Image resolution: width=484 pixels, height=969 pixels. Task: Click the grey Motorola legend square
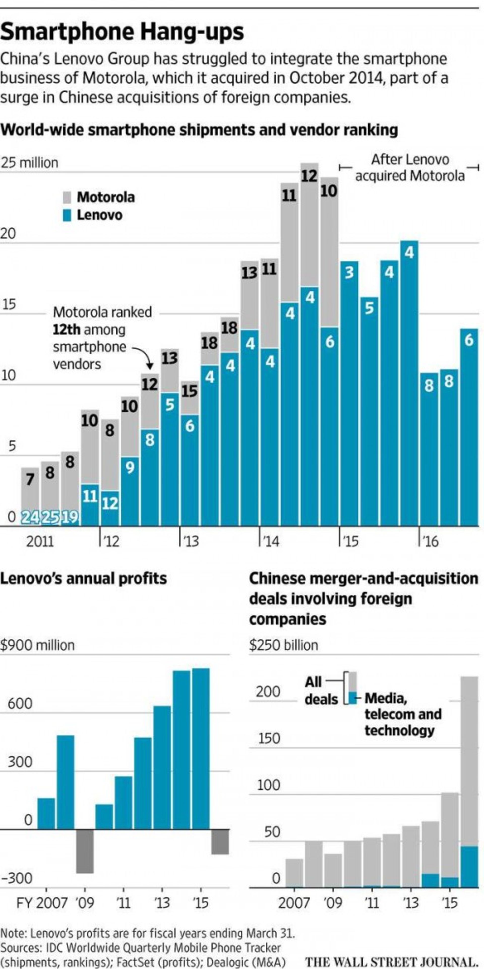click(x=67, y=197)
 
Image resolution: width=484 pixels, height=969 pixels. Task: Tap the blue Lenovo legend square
click(x=67, y=215)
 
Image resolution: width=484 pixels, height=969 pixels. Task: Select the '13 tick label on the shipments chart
click(x=190, y=541)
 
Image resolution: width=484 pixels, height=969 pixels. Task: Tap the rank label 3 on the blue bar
click(x=349, y=273)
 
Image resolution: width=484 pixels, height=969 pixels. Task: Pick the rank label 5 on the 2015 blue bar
click(x=369, y=308)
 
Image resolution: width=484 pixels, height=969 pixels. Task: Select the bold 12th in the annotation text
click(x=66, y=330)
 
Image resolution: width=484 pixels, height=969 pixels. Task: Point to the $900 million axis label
click(x=37, y=645)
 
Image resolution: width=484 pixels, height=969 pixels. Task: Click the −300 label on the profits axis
click(x=17, y=878)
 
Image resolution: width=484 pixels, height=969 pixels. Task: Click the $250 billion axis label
click(x=283, y=645)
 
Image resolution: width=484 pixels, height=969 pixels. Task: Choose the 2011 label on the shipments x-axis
click(x=40, y=541)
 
